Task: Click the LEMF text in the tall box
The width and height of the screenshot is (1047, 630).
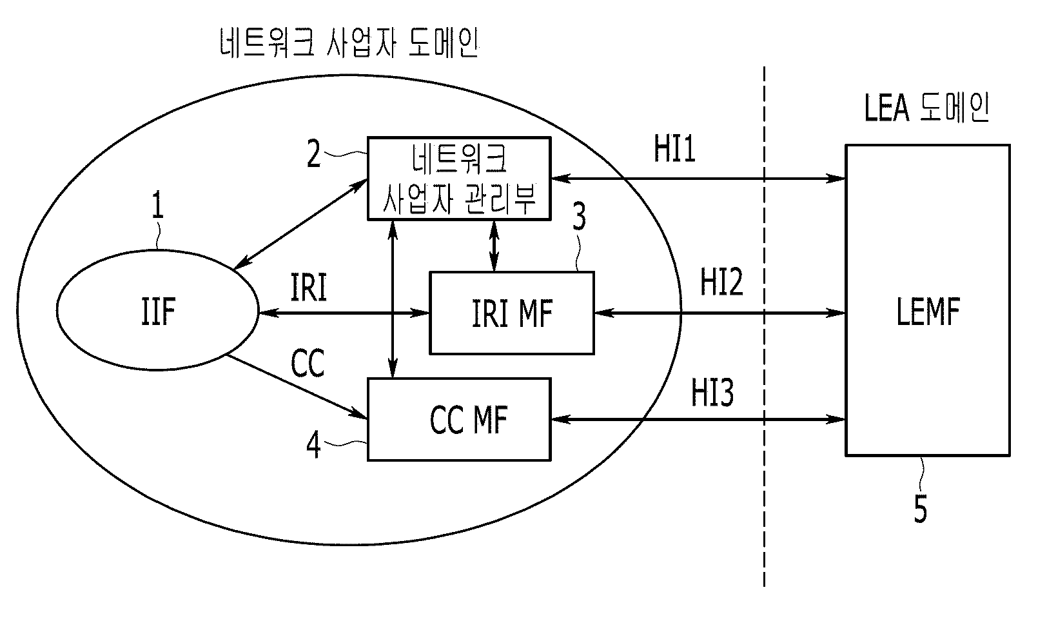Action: point(928,311)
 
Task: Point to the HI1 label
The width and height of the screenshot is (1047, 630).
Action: point(674,148)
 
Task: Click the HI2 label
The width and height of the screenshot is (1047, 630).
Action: point(721,282)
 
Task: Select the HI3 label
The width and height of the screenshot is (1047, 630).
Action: point(712,393)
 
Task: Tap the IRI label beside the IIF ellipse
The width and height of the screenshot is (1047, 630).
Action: point(308,287)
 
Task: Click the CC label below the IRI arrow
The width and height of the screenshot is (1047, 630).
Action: point(308,363)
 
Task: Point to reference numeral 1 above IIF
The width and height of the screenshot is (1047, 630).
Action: point(158,204)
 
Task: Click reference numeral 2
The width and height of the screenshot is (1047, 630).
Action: point(313,153)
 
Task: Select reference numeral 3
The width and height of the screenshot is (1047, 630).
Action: point(579,217)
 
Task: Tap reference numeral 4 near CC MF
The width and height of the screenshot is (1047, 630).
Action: point(313,444)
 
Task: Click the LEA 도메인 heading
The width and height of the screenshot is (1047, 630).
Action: point(926,108)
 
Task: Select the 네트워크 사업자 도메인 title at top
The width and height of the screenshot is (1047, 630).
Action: point(349,43)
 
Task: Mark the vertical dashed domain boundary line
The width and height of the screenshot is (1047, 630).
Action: point(764,327)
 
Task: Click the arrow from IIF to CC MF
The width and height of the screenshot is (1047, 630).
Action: point(297,387)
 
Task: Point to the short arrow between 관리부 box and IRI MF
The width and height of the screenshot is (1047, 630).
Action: point(494,246)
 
